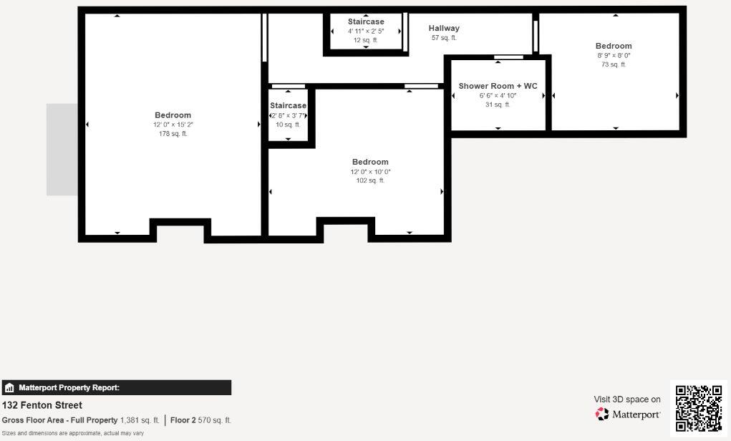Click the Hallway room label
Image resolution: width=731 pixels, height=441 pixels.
[x=444, y=29]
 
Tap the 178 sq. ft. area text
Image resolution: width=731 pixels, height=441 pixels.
[x=173, y=134]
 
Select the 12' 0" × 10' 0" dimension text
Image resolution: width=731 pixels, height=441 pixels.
[x=370, y=172]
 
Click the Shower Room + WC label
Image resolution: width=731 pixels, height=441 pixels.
[x=498, y=86]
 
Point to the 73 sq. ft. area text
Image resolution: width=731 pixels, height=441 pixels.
[x=614, y=64]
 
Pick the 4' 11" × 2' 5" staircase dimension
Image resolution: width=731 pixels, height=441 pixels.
[x=366, y=31]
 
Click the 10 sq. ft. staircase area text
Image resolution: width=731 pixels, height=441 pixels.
[x=288, y=125]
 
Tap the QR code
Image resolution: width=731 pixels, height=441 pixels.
[x=699, y=408]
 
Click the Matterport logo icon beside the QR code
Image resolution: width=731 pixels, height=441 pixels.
[x=602, y=414]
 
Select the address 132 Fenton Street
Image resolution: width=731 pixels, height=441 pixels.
[x=42, y=405]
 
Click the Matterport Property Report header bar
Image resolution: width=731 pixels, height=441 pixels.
[x=116, y=388]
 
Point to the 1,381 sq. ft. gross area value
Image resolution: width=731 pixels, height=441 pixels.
[x=140, y=420]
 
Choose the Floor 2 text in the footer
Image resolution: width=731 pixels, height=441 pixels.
[x=183, y=420]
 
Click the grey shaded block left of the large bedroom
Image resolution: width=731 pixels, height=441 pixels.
[x=62, y=149]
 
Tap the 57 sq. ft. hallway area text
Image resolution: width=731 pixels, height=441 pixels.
[x=444, y=38]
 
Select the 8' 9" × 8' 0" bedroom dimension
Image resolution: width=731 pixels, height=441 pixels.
[x=614, y=55]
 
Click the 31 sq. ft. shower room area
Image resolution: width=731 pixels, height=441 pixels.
[x=498, y=105]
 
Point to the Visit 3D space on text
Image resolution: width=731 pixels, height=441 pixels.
[x=627, y=399]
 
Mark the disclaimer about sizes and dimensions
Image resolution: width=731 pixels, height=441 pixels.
[x=73, y=433]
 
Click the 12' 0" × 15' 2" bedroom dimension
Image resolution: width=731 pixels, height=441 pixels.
[x=173, y=125]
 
